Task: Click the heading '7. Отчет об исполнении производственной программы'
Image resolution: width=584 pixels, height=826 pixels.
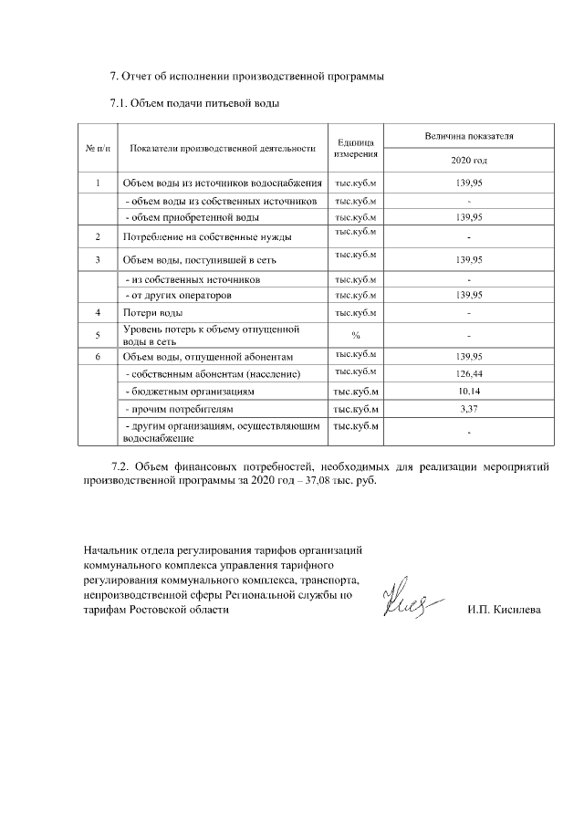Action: click(245, 76)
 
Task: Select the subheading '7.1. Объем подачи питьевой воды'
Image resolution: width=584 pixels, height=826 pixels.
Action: click(193, 103)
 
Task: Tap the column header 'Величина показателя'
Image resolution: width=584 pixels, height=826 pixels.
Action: click(468, 136)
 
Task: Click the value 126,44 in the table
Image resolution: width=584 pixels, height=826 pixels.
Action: click(468, 374)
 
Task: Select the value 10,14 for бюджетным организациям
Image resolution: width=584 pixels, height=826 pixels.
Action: click(468, 391)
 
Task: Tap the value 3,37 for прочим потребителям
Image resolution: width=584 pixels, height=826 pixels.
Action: click(468, 408)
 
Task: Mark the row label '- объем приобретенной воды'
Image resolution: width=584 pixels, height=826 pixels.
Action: click(192, 217)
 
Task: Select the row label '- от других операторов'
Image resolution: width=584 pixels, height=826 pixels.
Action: click(184, 296)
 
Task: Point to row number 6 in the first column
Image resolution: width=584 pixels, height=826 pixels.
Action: click(97, 356)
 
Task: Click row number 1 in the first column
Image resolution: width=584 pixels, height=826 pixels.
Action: click(97, 183)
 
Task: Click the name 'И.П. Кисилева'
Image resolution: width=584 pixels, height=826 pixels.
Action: click(503, 609)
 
